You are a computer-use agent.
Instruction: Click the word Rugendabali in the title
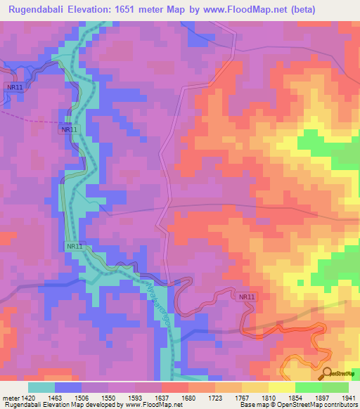pyautogui.click(x=40, y=9)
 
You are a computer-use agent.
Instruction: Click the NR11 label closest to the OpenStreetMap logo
pyautogui.click(x=247, y=297)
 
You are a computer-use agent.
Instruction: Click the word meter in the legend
pyautogui.click(x=11, y=398)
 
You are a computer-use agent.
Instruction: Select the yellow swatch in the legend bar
pyautogui.click(x=282, y=387)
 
